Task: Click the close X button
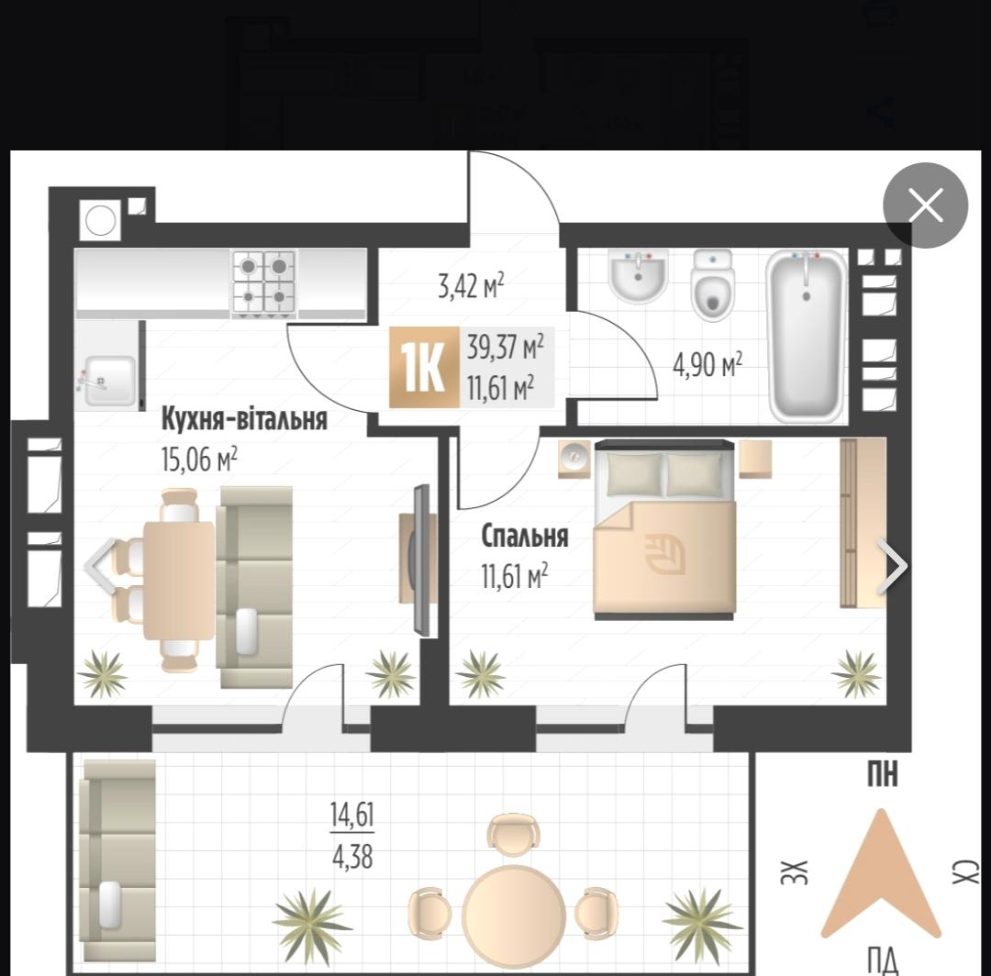pyautogui.click(x=925, y=205)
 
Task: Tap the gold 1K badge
pyautogui.click(x=423, y=367)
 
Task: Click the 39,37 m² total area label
pyautogui.click(x=506, y=347)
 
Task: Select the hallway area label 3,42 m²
pyautogui.click(x=471, y=285)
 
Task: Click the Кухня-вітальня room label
pyautogui.click(x=245, y=419)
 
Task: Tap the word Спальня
pyautogui.click(x=525, y=537)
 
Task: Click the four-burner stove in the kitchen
pyautogui.click(x=264, y=283)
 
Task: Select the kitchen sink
pyautogui.click(x=108, y=380)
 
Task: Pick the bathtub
pyautogui.click(x=807, y=336)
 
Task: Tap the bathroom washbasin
pyautogui.click(x=639, y=276)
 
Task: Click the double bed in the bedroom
pyautogui.click(x=664, y=529)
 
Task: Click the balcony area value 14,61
pyautogui.click(x=352, y=815)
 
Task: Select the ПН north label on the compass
pyautogui.click(x=883, y=774)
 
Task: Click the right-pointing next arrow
pyautogui.click(x=893, y=565)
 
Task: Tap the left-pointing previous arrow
pyautogui.click(x=101, y=565)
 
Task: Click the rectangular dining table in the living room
pyautogui.click(x=180, y=582)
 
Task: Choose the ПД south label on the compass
pyautogui.click(x=883, y=960)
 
